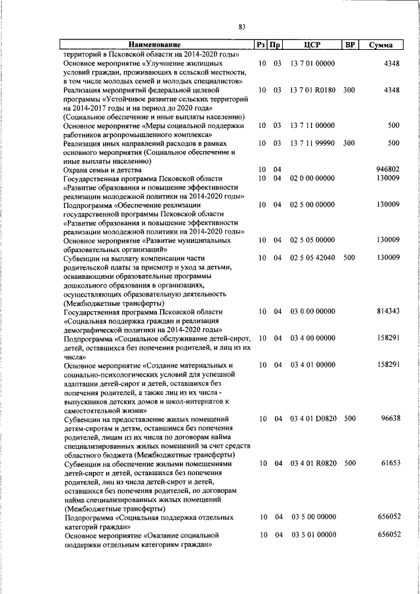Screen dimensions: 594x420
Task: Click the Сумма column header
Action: click(x=381, y=45)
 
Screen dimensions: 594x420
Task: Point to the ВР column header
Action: click(x=350, y=45)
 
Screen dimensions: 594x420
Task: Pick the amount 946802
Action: click(x=386, y=169)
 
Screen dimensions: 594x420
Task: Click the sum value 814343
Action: click(x=386, y=312)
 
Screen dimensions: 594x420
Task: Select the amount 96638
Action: click(x=388, y=418)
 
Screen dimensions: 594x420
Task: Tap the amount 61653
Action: click(x=388, y=463)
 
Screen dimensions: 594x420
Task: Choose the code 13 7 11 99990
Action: click(x=313, y=142)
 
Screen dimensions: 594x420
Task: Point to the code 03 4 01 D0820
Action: click(x=313, y=418)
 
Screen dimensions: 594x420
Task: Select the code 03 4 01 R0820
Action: click(x=313, y=463)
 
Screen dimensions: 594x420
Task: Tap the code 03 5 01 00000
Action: click(x=313, y=536)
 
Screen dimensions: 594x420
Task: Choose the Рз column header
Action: click(x=262, y=45)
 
